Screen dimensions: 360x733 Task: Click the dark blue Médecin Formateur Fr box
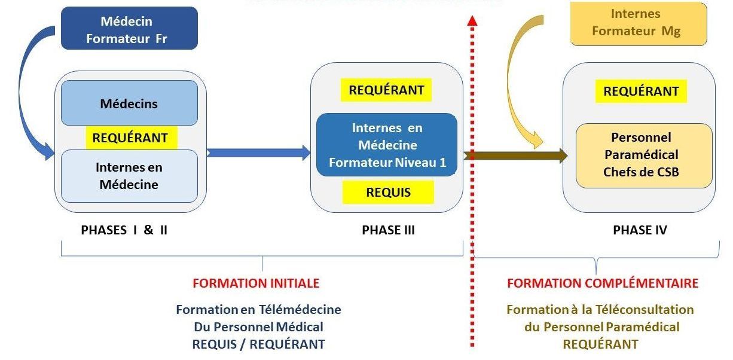pos(129,28)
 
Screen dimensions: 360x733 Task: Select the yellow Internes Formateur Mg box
pos(639,23)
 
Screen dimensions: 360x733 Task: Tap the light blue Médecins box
pos(129,103)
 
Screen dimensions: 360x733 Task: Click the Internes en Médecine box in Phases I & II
pos(129,176)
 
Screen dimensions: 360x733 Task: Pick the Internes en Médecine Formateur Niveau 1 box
pos(387,145)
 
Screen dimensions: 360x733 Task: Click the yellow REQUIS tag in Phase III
pos(388,192)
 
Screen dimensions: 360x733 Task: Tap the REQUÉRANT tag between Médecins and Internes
pos(130,138)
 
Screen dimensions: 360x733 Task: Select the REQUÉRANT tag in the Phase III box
pos(386,90)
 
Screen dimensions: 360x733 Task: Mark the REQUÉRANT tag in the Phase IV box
pos(640,91)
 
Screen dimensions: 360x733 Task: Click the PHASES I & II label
pos(124,230)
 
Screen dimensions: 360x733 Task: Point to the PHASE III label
pos(388,230)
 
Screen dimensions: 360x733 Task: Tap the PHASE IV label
pos(640,230)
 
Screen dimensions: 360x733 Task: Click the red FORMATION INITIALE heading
pos(256,283)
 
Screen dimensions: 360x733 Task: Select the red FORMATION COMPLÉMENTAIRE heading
pos(603,283)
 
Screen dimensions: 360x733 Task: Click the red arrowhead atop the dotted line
pos(472,21)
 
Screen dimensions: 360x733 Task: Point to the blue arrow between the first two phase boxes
pos(258,152)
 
